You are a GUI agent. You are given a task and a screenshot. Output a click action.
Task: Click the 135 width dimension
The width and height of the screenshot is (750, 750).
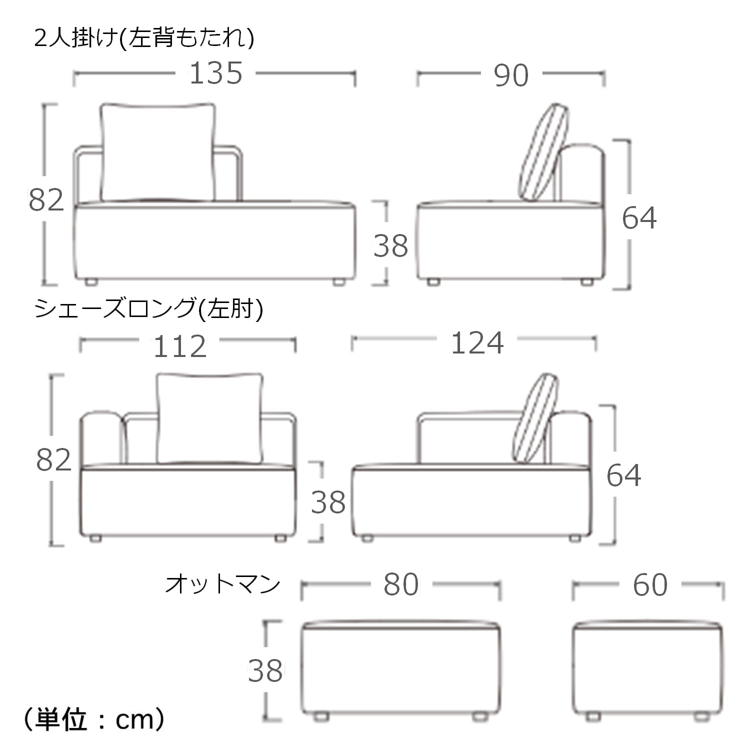(216, 73)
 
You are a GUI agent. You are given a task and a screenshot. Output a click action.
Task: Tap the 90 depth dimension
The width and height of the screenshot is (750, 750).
(511, 75)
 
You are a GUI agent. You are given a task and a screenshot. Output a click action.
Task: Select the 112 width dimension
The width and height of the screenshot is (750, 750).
(180, 346)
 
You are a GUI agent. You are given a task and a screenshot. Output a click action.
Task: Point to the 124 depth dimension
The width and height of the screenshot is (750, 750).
(477, 343)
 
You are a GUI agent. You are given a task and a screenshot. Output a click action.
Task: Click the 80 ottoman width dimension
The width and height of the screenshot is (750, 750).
(401, 584)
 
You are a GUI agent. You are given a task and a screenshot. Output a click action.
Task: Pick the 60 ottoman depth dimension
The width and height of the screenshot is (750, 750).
(650, 585)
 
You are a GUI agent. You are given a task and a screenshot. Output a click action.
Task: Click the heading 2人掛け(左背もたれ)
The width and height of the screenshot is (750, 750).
(144, 37)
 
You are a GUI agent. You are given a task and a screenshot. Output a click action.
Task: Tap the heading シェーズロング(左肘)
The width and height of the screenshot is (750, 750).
(148, 308)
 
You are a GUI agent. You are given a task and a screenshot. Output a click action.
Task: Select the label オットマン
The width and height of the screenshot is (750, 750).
(222, 583)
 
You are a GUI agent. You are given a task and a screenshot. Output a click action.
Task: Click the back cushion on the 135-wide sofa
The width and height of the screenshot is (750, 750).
(158, 152)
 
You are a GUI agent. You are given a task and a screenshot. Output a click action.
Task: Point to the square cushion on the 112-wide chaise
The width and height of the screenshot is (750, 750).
(210, 418)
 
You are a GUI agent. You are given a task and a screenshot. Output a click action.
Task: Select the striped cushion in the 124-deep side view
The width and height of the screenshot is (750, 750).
(535, 418)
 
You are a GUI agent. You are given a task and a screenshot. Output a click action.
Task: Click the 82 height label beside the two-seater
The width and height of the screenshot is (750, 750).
(46, 199)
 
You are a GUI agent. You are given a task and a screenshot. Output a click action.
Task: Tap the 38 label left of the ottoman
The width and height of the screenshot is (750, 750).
(265, 670)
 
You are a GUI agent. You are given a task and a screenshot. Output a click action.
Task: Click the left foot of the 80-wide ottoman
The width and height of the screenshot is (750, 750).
(320, 716)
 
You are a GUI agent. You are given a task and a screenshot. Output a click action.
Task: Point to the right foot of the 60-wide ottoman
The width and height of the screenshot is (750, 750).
(702, 716)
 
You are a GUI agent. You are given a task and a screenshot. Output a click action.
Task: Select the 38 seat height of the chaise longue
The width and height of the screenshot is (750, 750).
(328, 502)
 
